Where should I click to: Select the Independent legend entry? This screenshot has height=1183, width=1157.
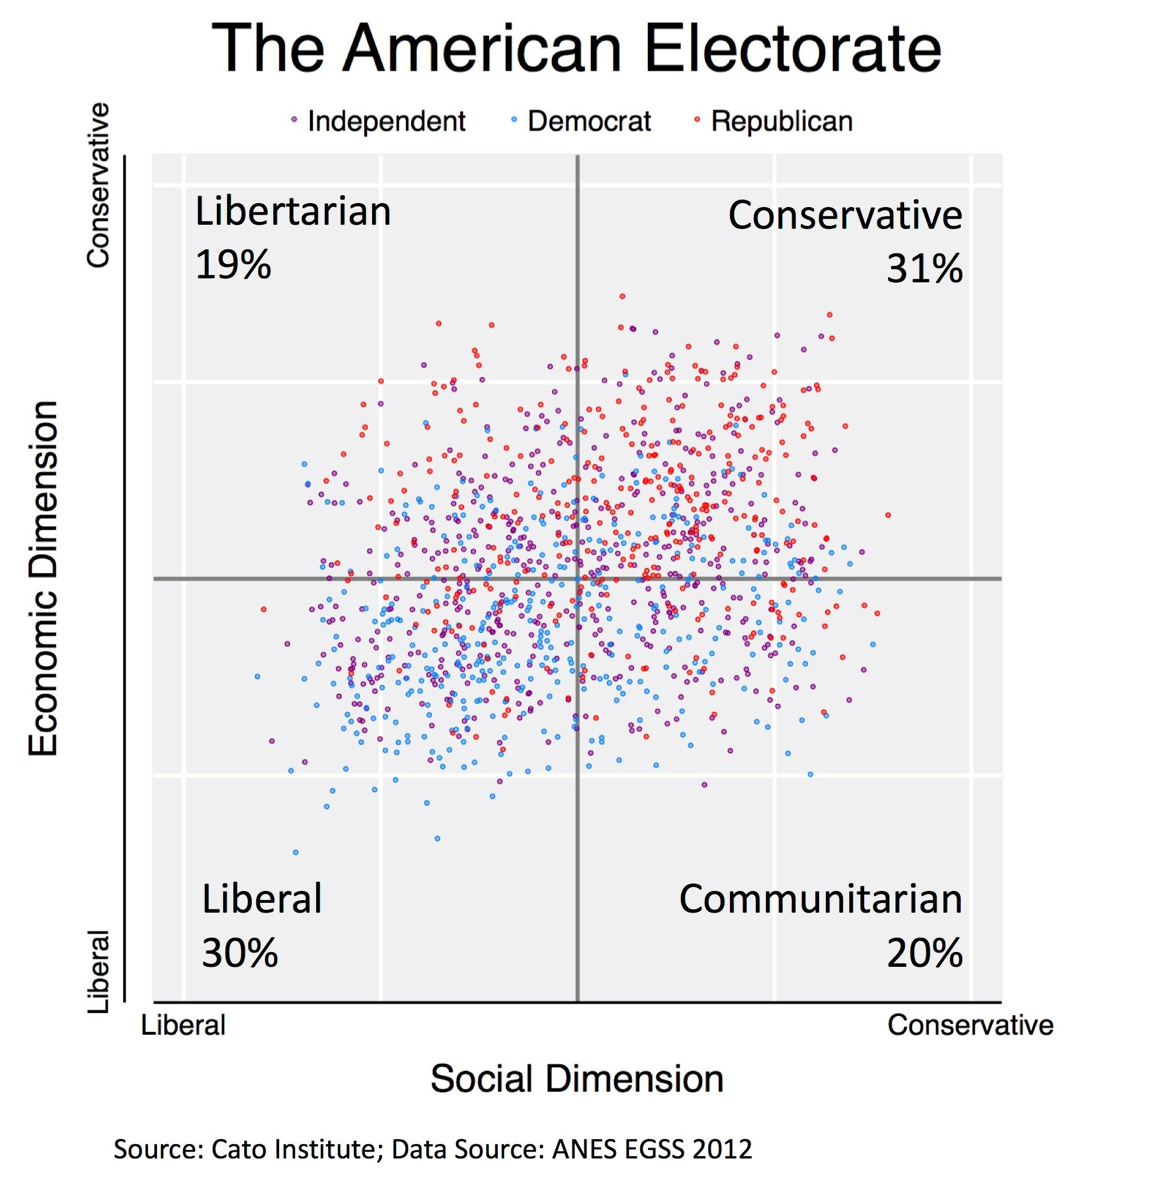click(386, 121)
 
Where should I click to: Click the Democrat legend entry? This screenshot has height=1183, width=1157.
click(588, 121)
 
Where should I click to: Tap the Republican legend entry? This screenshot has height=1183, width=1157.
click(781, 121)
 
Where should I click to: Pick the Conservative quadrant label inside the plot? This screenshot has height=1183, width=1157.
click(845, 215)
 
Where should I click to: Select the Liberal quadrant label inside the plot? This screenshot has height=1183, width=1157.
click(262, 899)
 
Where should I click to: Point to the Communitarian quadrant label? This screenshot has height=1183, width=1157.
click(820, 899)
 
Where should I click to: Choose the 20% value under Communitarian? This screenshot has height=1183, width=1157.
click(924, 952)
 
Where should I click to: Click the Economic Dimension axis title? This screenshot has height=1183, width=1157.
click(44, 578)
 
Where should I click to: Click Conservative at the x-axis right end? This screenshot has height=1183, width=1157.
click(970, 1025)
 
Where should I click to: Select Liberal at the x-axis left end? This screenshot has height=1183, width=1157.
click(184, 1025)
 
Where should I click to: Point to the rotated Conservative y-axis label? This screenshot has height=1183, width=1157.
click(98, 185)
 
